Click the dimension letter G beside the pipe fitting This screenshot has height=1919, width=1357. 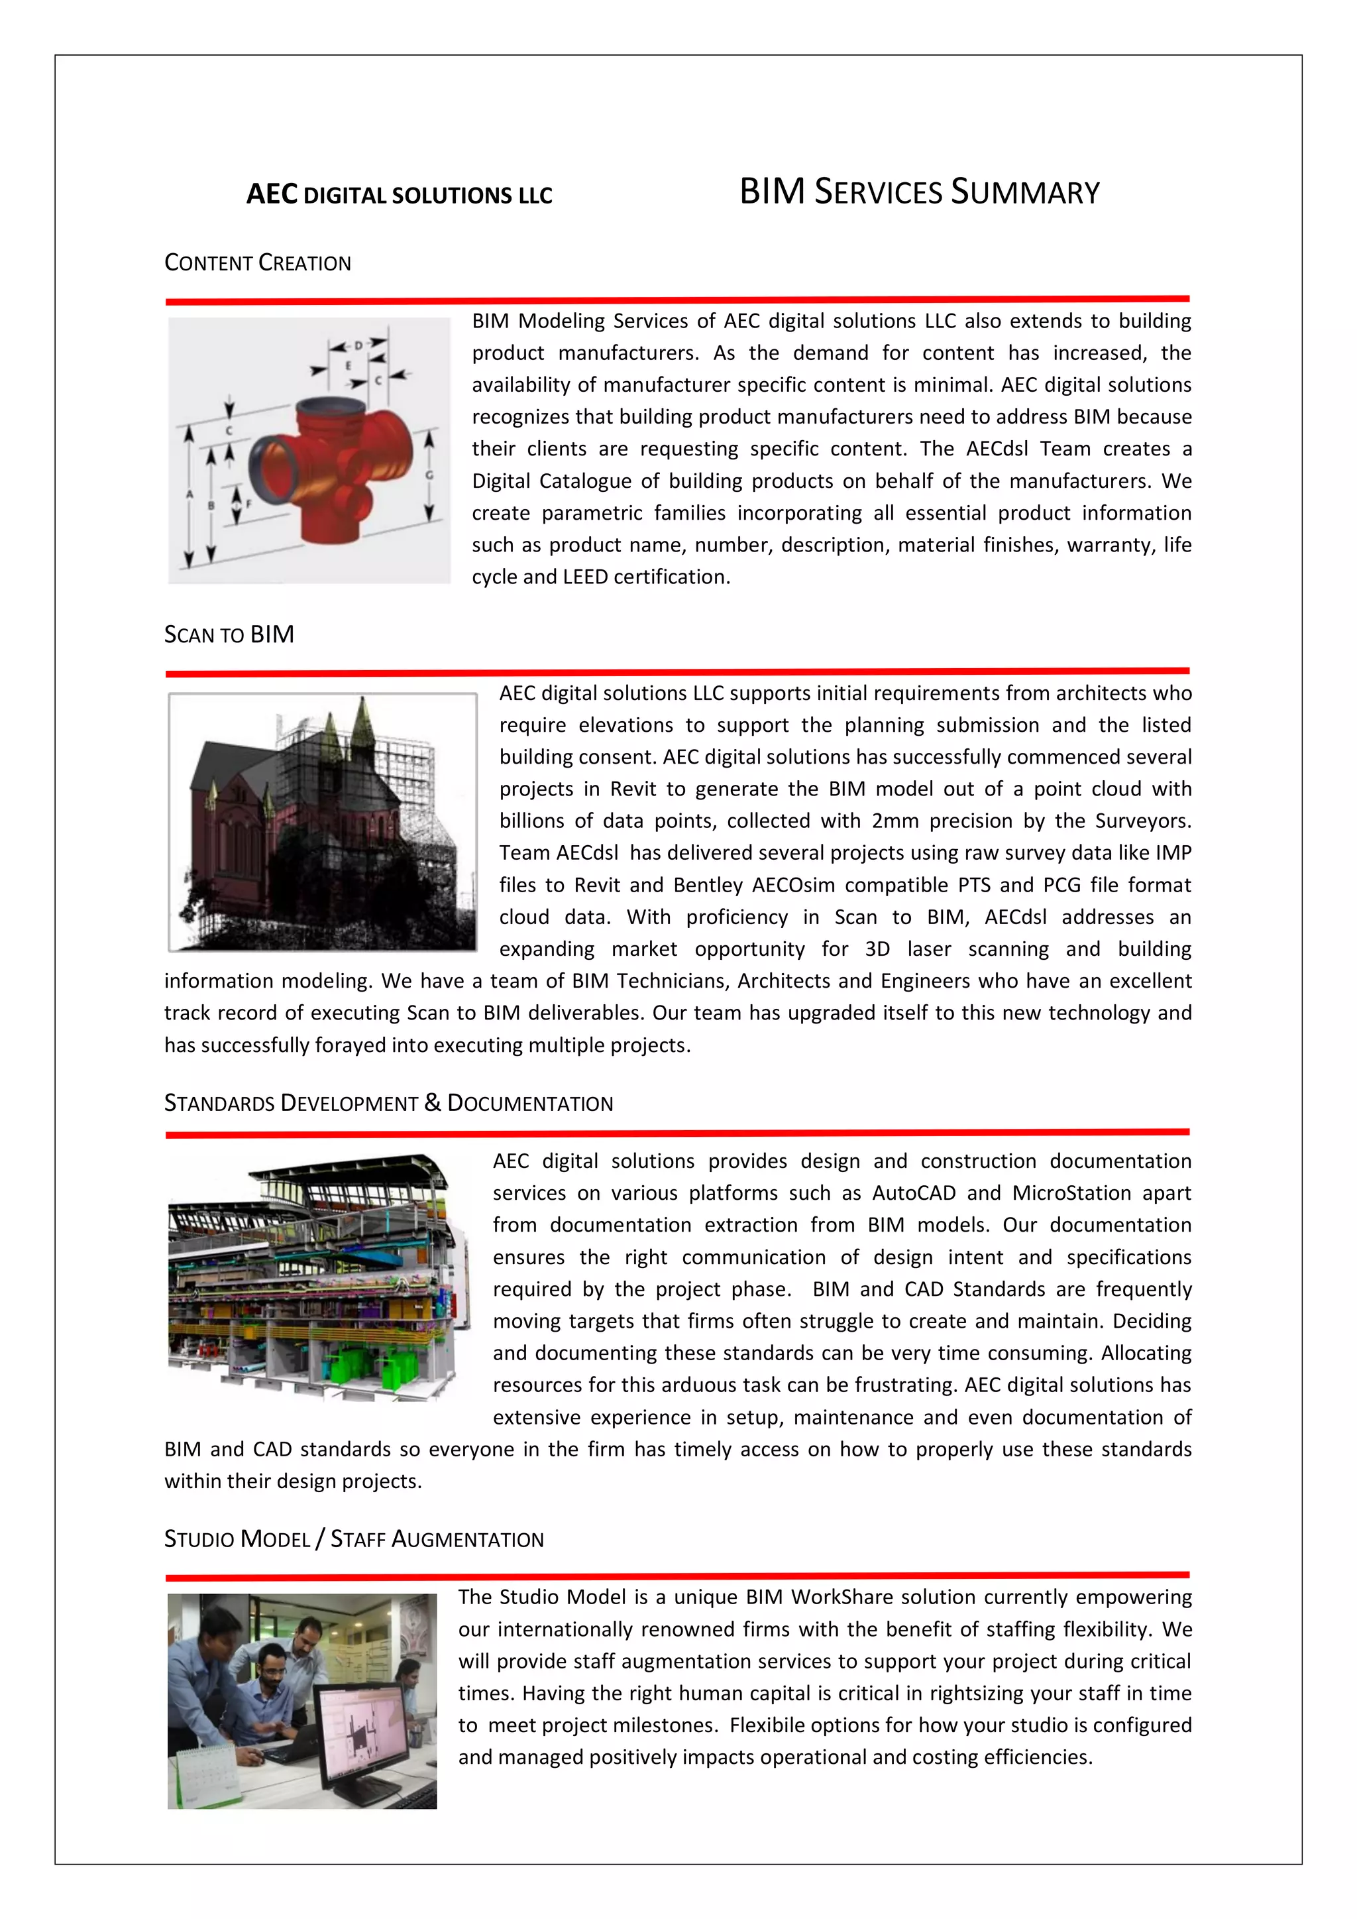(429, 475)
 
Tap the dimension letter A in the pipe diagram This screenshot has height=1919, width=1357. (189, 494)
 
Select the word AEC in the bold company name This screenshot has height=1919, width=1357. (272, 195)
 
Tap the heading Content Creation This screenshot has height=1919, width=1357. (257, 263)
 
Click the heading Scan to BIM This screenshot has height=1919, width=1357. (229, 635)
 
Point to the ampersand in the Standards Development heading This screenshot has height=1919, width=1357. (432, 1102)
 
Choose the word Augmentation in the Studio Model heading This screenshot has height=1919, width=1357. (467, 1540)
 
